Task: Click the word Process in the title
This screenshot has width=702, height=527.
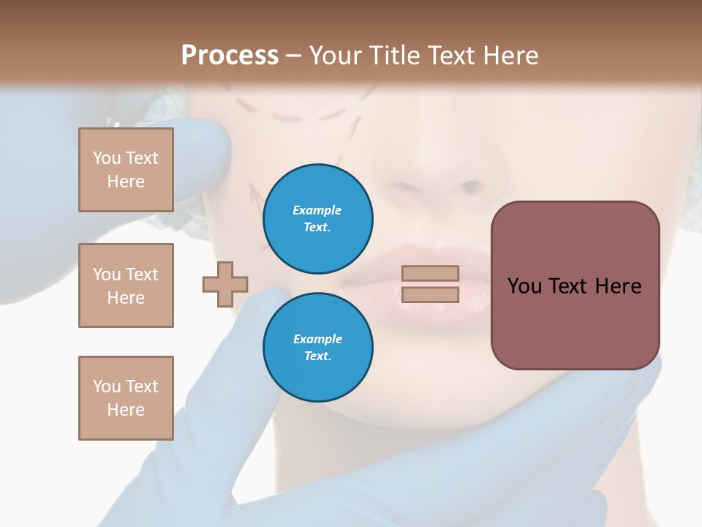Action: click(230, 55)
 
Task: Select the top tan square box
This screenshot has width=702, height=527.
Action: click(126, 170)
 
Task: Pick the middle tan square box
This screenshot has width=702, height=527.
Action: click(126, 285)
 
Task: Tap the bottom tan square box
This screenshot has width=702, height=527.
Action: click(126, 398)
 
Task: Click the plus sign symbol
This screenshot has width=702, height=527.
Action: click(225, 284)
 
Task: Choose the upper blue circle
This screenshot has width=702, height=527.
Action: click(317, 218)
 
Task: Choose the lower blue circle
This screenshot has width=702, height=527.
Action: click(317, 347)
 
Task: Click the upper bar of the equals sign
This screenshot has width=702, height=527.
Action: click(430, 273)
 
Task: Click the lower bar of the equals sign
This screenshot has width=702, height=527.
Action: click(430, 294)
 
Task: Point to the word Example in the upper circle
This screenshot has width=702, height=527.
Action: click(317, 210)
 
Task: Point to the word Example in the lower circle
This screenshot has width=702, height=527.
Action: click(317, 339)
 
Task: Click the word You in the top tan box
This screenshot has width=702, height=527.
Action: click(106, 158)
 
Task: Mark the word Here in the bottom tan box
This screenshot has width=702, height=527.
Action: click(126, 410)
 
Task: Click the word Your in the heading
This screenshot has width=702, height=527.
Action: click(335, 55)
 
